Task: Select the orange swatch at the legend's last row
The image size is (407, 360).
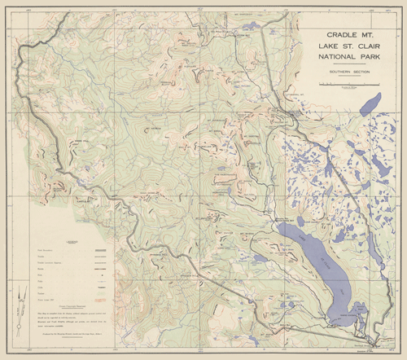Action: [102, 300]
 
